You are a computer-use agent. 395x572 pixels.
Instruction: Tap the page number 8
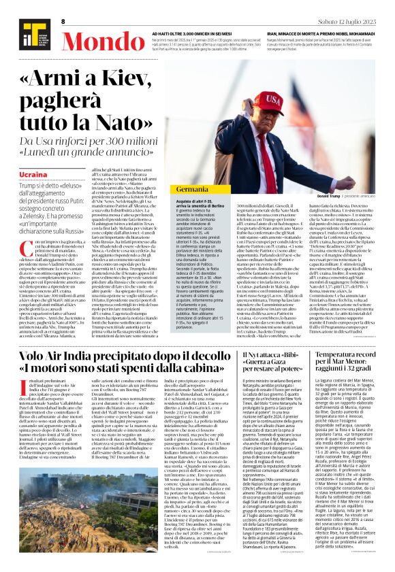click(63, 22)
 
